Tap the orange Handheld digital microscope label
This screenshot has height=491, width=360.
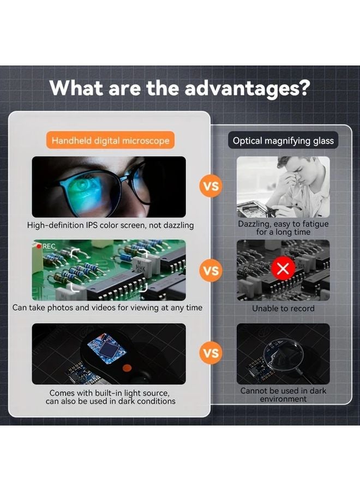(x=110, y=141)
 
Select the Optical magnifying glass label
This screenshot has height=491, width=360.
(x=283, y=141)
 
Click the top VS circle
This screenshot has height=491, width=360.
(x=211, y=187)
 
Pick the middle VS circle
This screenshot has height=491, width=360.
(x=211, y=270)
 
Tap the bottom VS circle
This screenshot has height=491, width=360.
(x=211, y=354)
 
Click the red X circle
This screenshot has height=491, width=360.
(x=283, y=268)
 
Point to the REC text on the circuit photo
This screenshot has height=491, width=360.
(x=49, y=247)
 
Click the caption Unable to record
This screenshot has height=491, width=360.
(x=283, y=308)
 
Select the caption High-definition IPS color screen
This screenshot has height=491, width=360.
(x=110, y=225)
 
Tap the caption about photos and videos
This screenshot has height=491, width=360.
(x=107, y=308)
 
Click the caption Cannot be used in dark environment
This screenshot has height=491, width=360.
(x=283, y=395)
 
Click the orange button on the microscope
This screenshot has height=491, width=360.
(x=125, y=366)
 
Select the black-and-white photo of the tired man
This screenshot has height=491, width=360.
(x=283, y=187)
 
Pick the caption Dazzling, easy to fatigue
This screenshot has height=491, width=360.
(x=283, y=228)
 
